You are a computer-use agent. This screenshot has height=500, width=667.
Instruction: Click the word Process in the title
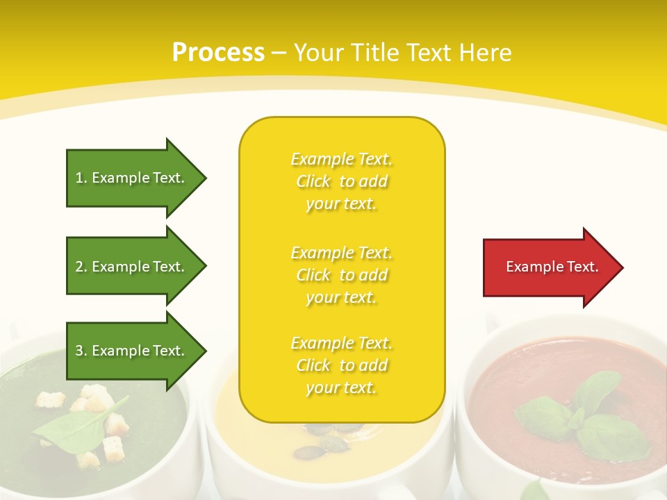[218, 53]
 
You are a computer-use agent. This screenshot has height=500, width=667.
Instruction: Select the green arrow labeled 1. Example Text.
[132, 178]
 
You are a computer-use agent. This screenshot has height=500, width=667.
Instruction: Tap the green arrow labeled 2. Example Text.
[132, 267]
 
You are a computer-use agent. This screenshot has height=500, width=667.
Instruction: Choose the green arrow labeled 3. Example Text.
[132, 351]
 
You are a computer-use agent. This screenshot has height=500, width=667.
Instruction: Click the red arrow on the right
[549, 267]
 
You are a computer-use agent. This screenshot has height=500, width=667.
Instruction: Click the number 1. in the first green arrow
[81, 178]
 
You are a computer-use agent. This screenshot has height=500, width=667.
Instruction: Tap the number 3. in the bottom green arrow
[81, 351]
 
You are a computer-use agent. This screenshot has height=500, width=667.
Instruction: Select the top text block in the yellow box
[341, 181]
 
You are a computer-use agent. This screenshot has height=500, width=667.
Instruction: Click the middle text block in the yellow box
[341, 275]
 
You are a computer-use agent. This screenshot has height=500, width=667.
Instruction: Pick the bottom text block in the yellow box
[341, 365]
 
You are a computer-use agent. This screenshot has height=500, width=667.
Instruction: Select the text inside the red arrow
[552, 267]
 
